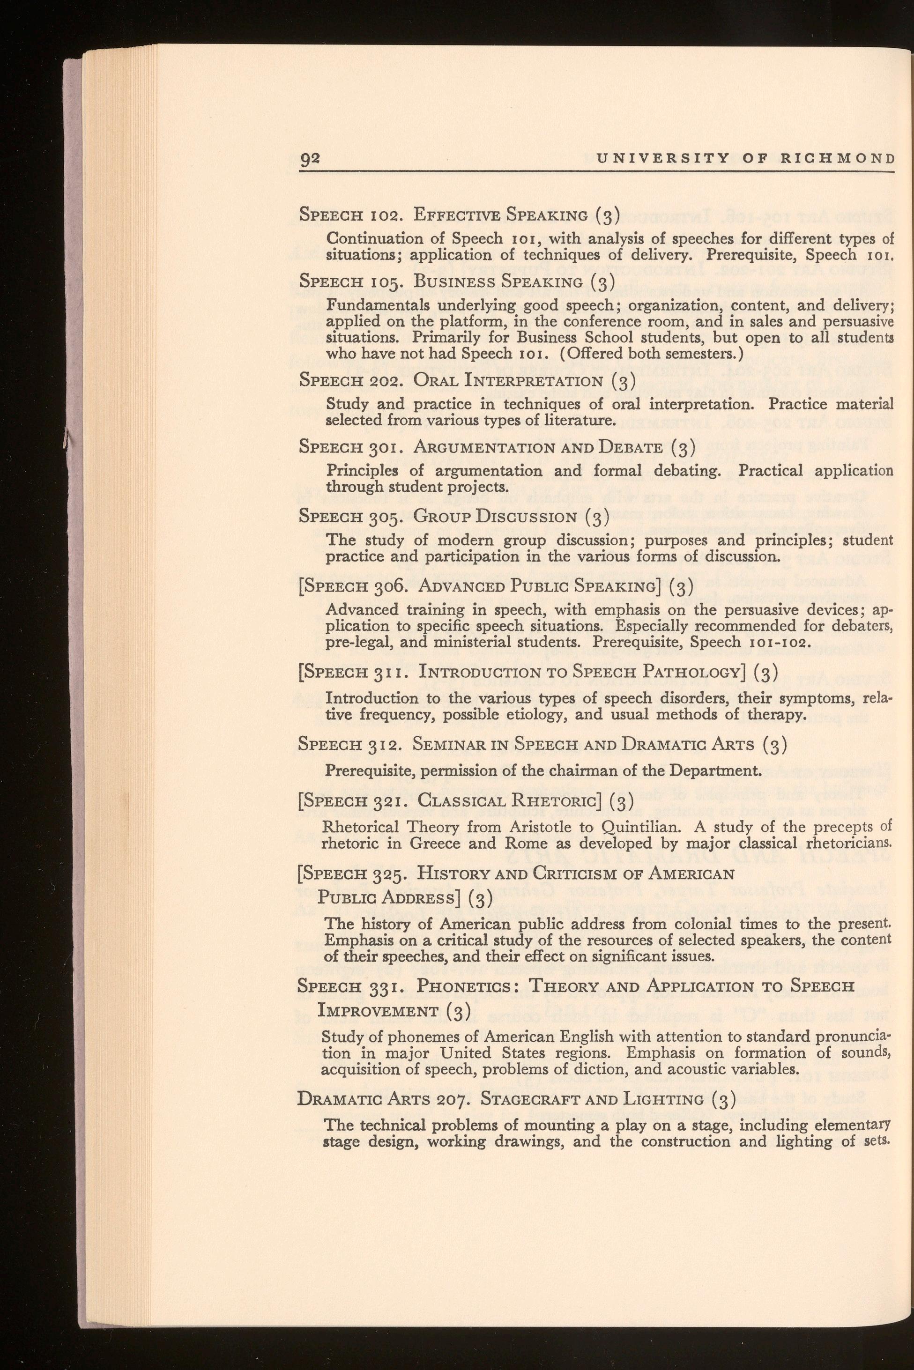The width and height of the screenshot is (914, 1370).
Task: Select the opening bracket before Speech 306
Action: tap(300, 585)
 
